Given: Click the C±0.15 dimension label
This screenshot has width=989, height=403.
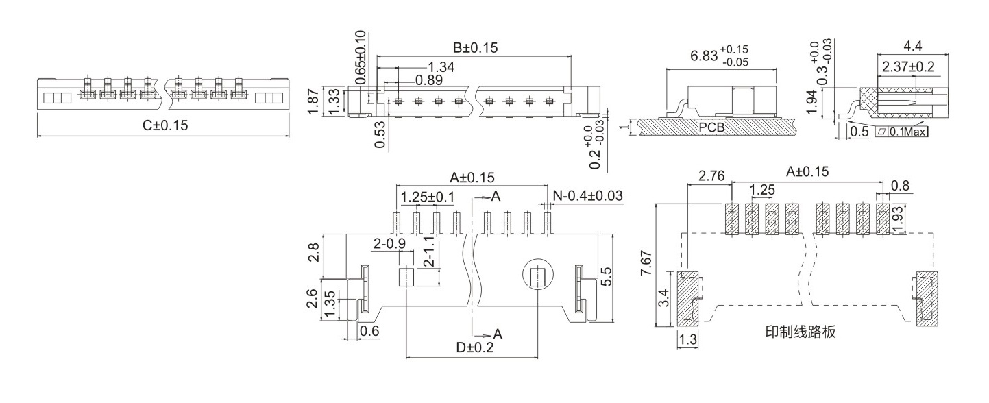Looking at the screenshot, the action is pyautogui.click(x=165, y=125).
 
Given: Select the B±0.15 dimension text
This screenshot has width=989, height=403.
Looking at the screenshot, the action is pyautogui.click(x=475, y=48).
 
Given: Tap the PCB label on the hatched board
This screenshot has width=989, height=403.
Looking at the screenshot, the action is pyautogui.click(x=711, y=127).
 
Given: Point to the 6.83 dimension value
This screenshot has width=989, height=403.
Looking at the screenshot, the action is pyautogui.click(x=704, y=56).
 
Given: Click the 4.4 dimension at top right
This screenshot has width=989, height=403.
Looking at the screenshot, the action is pyautogui.click(x=913, y=45).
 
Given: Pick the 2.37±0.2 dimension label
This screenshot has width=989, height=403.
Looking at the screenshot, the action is pyautogui.click(x=908, y=66).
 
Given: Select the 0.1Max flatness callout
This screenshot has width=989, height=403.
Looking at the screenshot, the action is pyautogui.click(x=907, y=132).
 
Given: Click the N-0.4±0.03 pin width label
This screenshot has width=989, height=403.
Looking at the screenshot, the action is pyautogui.click(x=587, y=195).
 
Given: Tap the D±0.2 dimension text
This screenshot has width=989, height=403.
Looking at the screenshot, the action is pyautogui.click(x=475, y=347).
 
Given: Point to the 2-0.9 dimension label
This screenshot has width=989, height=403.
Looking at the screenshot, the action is pyautogui.click(x=389, y=243).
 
